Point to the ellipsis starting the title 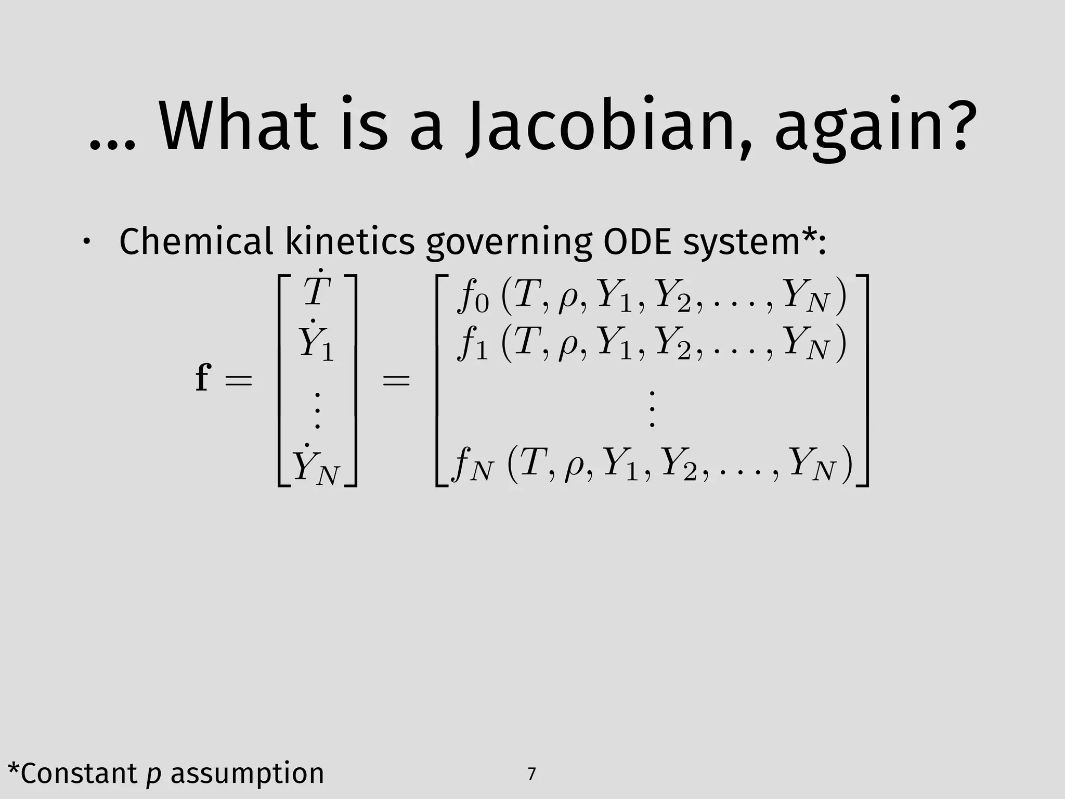point(111,144)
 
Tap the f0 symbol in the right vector point(473,297)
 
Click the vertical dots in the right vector point(652,408)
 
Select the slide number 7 point(531,775)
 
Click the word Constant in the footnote point(78,773)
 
